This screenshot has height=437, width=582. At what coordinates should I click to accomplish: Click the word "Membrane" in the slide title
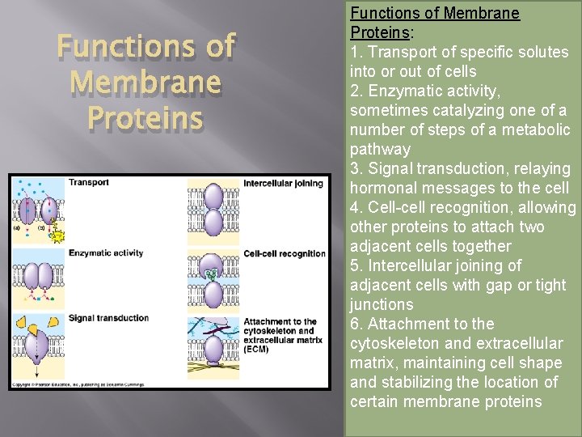[145, 82]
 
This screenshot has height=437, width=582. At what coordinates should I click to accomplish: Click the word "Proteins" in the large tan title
[145, 118]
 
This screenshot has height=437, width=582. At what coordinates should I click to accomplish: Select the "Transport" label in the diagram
[88, 183]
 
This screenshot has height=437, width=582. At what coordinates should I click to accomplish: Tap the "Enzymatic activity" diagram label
[106, 253]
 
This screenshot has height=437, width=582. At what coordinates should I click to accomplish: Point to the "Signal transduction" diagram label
[109, 318]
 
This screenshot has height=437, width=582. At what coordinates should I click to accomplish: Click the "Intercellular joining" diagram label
[283, 183]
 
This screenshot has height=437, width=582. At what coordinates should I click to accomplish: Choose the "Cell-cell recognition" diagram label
[284, 253]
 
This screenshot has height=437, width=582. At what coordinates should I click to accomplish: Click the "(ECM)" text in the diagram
[256, 350]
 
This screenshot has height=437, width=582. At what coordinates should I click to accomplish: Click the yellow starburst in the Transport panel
[57, 235]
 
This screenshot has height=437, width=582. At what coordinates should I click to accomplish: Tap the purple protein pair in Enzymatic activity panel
[38, 275]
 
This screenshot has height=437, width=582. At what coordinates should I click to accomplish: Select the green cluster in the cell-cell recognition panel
[212, 274]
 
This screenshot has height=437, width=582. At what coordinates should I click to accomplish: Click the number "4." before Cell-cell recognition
[356, 208]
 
